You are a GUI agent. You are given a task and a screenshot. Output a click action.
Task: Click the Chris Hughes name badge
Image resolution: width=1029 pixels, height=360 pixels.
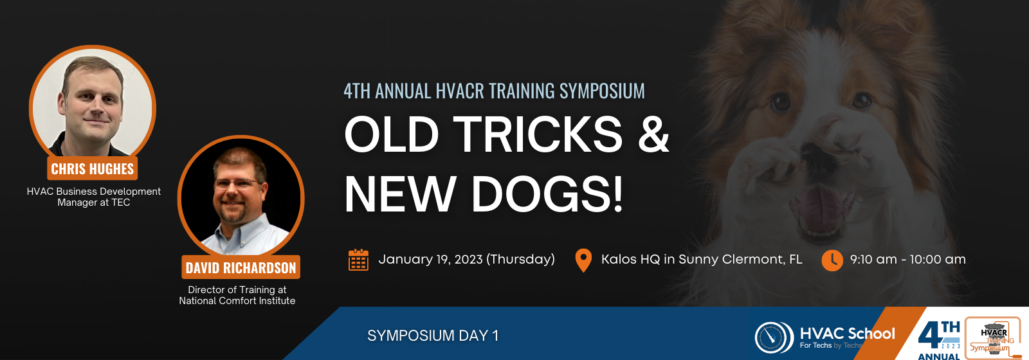pyautogui.click(x=93, y=168)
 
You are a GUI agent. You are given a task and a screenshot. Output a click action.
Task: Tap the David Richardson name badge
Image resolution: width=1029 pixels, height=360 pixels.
pyautogui.click(x=241, y=267)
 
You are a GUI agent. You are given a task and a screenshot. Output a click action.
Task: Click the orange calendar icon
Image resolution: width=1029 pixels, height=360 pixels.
pyautogui.click(x=358, y=260)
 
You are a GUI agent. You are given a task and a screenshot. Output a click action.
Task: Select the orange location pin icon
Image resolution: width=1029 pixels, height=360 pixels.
pyautogui.click(x=583, y=260)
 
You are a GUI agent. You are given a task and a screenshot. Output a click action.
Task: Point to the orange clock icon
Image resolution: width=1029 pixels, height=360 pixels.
pyautogui.click(x=832, y=260)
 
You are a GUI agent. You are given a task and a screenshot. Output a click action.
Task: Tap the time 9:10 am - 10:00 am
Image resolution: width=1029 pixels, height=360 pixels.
pyautogui.click(x=907, y=260)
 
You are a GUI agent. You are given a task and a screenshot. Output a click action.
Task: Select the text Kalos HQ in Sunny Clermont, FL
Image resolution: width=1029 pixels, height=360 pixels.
pyautogui.click(x=702, y=260)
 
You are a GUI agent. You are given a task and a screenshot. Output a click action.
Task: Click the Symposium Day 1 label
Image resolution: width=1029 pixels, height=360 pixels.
pyautogui.click(x=433, y=336)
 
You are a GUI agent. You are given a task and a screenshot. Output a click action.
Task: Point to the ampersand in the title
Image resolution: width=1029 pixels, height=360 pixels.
pyautogui.click(x=653, y=134)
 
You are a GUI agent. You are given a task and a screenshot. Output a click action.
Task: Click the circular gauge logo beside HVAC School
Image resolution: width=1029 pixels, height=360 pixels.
pyautogui.click(x=774, y=337)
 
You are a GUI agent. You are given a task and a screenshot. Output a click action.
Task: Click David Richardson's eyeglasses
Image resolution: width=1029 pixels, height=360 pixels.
pyautogui.click(x=238, y=184)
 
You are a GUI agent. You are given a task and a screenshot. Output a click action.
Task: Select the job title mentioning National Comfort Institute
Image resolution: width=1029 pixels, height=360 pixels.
pyautogui.click(x=237, y=295)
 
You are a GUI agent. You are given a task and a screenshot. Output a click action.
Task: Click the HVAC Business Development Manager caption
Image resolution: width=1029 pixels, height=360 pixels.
pyautogui.click(x=94, y=197)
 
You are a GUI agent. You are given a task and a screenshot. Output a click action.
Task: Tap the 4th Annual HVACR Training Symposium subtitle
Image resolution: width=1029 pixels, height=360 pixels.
pyautogui.click(x=495, y=91)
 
